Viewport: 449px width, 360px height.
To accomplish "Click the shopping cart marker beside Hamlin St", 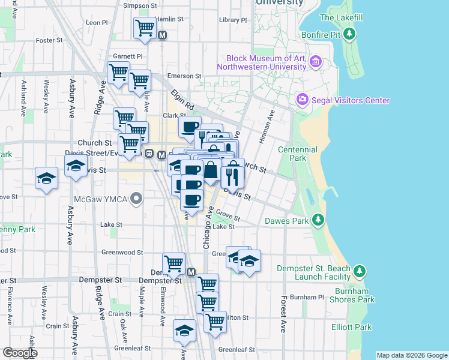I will pyautogui.click(x=145, y=27).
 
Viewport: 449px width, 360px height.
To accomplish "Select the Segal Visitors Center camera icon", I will pyautogui.click(x=302, y=100).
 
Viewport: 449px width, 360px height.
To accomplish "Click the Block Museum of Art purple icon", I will pyautogui.click(x=316, y=62).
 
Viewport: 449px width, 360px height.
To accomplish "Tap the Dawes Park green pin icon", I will pyautogui.click(x=318, y=221).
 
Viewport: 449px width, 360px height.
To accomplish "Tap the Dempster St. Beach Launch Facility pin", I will pyautogui.click(x=359, y=272).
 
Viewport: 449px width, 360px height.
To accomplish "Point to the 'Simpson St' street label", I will pyautogui.click(x=139, y=5).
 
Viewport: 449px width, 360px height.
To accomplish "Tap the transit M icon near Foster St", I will pyautogui.click(x=162, y=35).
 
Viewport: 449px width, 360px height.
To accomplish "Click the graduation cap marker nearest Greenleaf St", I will pyautogui.click(x=184, y=331).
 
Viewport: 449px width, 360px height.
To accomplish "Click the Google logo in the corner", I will pyautogui.click(x=19, y=353).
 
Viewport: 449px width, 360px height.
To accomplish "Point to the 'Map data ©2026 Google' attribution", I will pyautogui.click(x=412, y=355).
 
